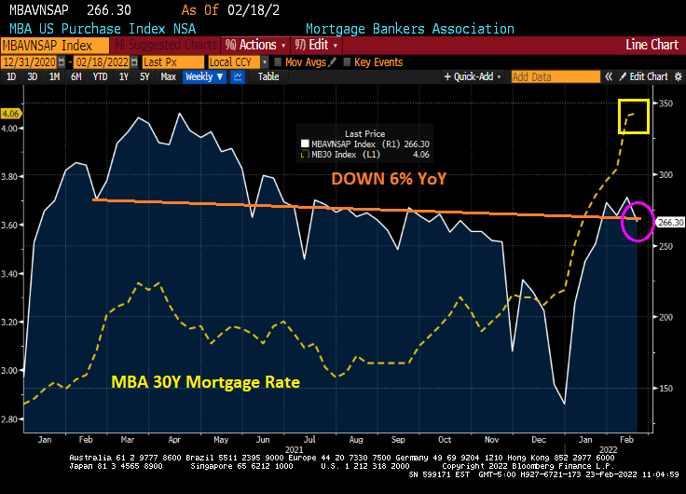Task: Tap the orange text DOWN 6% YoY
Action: point(391,177)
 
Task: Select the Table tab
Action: point(268,77)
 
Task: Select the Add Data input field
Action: point(554,77)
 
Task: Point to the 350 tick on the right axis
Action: point(665,103)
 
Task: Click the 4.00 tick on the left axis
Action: point(12,129)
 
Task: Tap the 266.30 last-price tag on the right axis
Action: point(670,223)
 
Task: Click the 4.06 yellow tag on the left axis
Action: point(11,114)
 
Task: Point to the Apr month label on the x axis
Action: point(174,438)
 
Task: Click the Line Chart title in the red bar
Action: point(652,45)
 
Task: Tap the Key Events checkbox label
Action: point(378,62)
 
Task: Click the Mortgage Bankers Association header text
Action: point(409,29)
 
